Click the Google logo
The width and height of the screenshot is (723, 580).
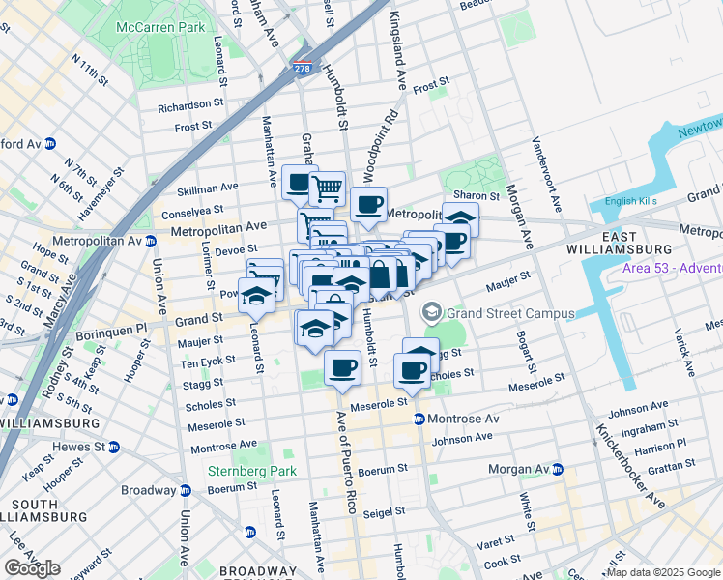point(33,568)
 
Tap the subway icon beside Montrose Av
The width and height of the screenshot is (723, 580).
point(419,419)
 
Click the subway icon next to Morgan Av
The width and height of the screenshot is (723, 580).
point(558,469)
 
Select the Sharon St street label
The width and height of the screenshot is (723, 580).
point(479,195)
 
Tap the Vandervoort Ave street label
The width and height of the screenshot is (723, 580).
point(546,171)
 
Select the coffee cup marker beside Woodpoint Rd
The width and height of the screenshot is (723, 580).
point(368,203)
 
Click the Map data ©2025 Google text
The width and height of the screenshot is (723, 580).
point(662,572)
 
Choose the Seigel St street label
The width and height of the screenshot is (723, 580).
point(382,514)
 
